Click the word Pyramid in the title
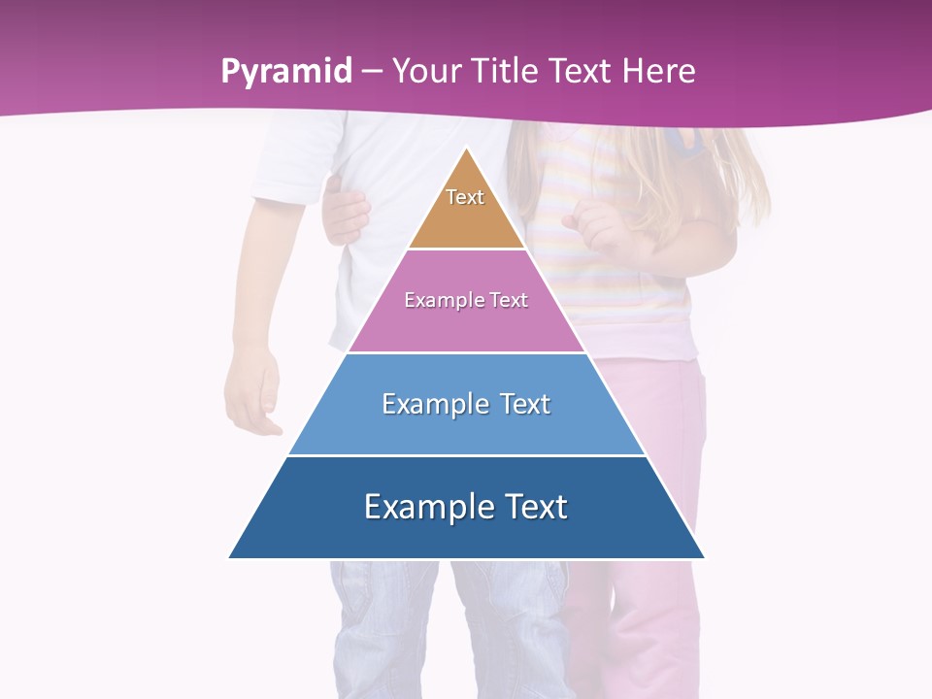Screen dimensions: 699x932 pos(285,72)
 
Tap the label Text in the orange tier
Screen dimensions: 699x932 pos(465,197)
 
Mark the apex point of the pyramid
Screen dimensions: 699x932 pos(467,149)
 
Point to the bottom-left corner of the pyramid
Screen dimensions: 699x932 pos(230,557)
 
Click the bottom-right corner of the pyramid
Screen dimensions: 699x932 pos(704,557)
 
